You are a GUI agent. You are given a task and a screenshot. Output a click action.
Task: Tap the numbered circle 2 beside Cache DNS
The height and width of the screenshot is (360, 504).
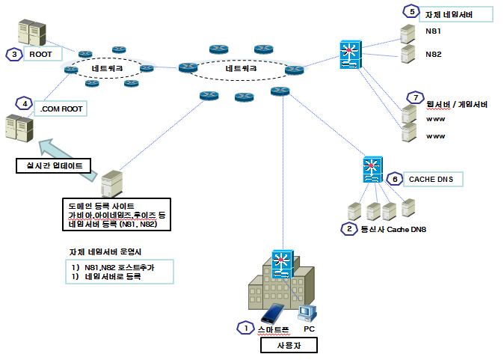(348, 228)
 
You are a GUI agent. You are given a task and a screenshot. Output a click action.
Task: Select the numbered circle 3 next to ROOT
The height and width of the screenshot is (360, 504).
(12, 54)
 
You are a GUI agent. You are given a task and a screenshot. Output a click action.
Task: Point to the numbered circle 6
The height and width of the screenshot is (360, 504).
(394, 178)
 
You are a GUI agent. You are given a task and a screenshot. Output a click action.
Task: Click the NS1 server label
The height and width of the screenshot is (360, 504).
(433, 32)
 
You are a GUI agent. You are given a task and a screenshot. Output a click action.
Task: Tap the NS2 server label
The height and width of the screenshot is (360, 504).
(433, 54)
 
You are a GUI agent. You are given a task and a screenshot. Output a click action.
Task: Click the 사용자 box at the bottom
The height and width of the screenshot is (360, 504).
(288, 345)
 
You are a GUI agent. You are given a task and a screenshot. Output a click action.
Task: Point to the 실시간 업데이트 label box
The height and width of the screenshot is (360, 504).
(54, 164)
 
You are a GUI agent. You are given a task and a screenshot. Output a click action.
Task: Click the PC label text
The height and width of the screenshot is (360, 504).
(310, 328)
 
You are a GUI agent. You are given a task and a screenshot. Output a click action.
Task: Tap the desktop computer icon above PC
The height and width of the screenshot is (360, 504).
(306, 311)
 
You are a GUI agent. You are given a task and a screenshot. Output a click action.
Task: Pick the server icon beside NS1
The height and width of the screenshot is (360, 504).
(407, 33)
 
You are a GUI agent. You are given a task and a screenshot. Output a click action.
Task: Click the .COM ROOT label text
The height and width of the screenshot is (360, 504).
(61, 109)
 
